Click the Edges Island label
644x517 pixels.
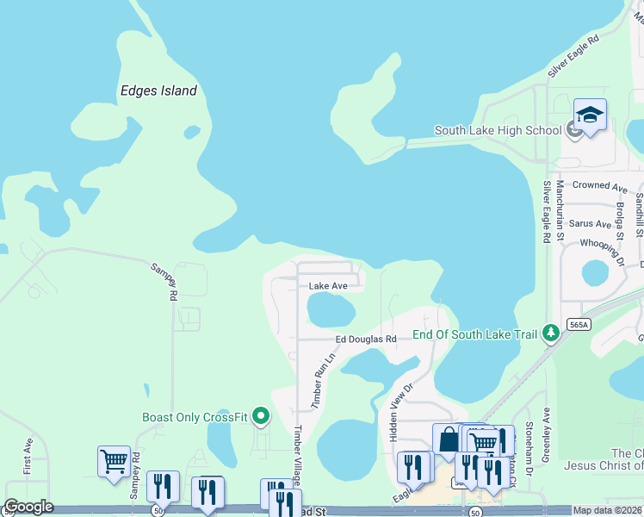click(x=158, y=90)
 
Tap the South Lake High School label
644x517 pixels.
click(x=498, y=130)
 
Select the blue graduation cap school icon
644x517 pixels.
click(x=590, y=115)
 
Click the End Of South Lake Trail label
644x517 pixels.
click(x=475, y=334)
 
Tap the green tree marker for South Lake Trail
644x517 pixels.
click(x=550, y=333)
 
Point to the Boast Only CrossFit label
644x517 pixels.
click(x=195, y=418)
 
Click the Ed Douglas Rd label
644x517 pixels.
click(x=366, y=339)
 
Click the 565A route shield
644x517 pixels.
click(x=579, y=324)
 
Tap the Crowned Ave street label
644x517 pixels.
click(x=600, y=186)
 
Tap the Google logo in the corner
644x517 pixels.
click(x=28, y=507)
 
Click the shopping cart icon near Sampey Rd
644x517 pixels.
click(x=114, y=461)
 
